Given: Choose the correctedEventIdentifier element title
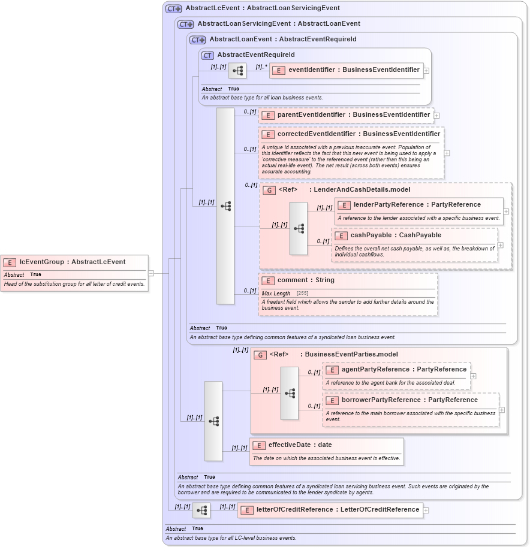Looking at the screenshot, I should pos(358,134).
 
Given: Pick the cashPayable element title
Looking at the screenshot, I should pos(395,235).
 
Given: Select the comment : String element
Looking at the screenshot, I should pos(306,280).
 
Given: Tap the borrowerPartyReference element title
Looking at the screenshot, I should pos(409,400).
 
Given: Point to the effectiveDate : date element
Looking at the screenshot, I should pos(300,445).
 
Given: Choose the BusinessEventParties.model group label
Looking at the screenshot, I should pos(351,355).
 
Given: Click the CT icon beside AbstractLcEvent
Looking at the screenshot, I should pos(174,8).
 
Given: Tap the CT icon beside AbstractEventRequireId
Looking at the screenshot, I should pos(207,55).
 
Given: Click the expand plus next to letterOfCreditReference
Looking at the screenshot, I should pos(426,510).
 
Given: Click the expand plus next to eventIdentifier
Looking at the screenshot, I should pos(426,70).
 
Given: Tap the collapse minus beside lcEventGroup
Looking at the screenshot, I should pos(151,273).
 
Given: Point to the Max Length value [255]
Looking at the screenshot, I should pos(303,293).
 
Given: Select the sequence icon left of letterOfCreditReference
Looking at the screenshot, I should pos(201,510).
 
